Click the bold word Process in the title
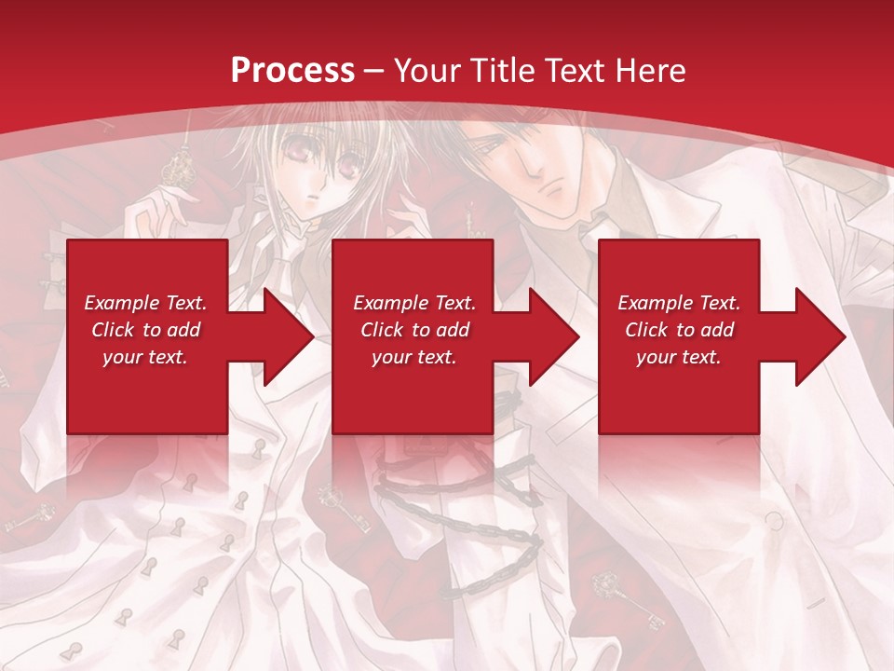click(x=292, y=71)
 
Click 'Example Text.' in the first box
click(x=146, y=303)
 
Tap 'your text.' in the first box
click(x=146, y=357)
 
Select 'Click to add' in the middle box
click(x=414, y=330)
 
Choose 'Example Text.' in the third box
click(x=679, y=303)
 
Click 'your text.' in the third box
click(x=679, y=357)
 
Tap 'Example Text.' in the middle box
click(x=414, y=303)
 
